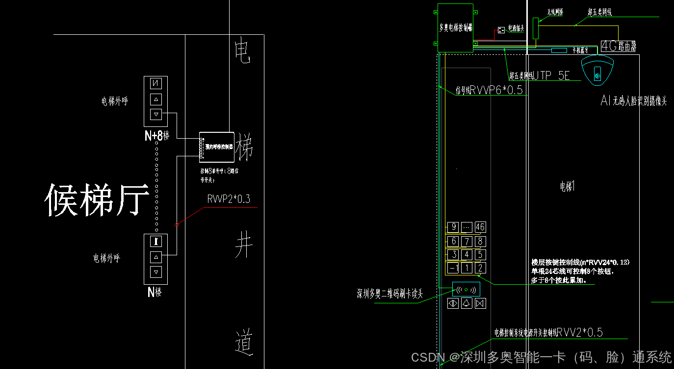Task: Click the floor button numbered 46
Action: tap(480, 227)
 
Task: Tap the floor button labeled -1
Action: tap(453, 268)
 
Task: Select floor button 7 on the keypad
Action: tap(467, 241)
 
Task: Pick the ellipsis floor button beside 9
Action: tap(467, 227)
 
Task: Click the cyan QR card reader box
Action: tap(466, 289)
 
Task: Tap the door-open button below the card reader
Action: tap(453, 303)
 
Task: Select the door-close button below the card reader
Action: tap(480, 303)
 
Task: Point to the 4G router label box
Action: tap(619, 47)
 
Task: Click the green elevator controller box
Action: tap(455, 28)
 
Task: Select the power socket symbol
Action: tap(501, 30)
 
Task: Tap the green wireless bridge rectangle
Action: tap(535, 28)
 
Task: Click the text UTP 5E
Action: tap(551, 75)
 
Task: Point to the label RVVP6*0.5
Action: tap(496, 90)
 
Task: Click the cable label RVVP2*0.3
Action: tap(229, 199)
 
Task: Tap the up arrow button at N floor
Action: tap(156, 256)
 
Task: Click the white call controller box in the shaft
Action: tap(216, 147)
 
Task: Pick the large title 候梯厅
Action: tap(97, 200)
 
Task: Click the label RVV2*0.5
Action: tap(579, 332)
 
